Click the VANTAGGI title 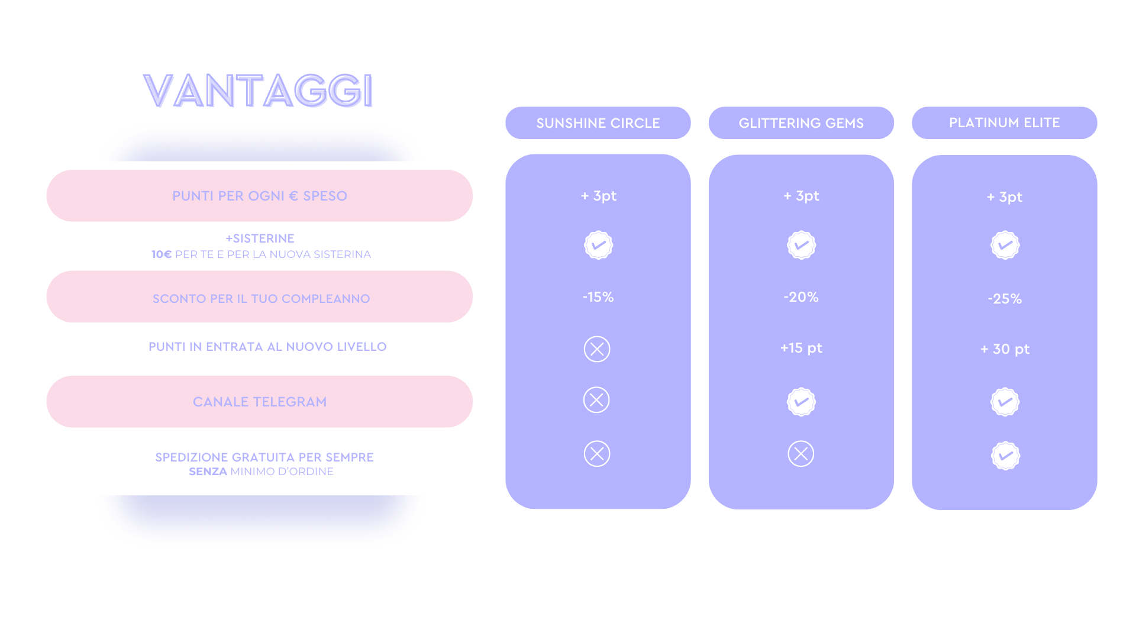point(259,91)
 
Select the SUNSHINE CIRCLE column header point(598,123)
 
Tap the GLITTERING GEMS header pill point(801,123)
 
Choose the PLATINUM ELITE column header point(1005,123)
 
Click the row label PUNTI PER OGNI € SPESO point(260,196)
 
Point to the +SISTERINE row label point(260,238)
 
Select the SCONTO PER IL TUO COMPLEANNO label point(261,299)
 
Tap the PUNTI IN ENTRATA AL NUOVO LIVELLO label point(267,347)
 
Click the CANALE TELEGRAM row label point(260,402)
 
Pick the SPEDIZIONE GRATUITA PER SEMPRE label point(264,457)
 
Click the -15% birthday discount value point(598,297)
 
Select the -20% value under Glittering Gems point(801,297)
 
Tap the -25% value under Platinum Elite point(1005,299)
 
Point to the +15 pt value point(801,348)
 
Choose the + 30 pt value point(1005,349)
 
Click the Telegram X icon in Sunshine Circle point(596,400)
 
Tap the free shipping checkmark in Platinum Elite point(1005,456)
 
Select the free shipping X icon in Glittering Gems point(801,454)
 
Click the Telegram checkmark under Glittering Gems point(801,402)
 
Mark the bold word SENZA point(208,472)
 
